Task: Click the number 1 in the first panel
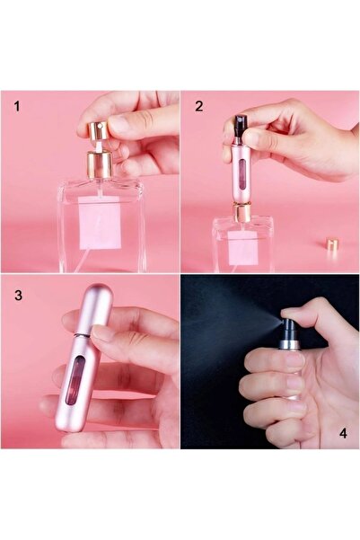[17, 106]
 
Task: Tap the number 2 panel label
[198, 106]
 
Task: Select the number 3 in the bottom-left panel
[17, 293]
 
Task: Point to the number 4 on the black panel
[343, 432]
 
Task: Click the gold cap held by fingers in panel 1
[96, 128]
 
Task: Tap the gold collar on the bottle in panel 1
[98, 164]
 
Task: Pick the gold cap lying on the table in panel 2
[332, 243]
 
